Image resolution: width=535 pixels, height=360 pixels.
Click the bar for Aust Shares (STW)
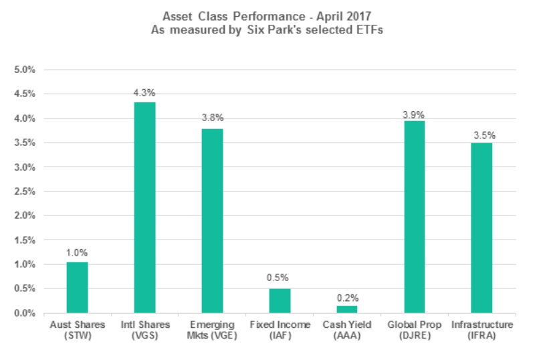click(77, 288)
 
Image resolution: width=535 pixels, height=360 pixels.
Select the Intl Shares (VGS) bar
click(144, 207)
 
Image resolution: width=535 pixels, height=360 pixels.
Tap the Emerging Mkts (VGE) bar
click(212, 221)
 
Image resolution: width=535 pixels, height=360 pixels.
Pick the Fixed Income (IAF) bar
click(280, 300)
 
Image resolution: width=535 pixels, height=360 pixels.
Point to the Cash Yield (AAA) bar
click(346, 309)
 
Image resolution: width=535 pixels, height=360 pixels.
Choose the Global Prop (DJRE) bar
click(414, 217)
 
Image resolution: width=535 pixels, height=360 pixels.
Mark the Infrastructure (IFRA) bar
click(481, 228)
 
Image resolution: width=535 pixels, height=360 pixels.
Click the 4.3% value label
click(144, 93)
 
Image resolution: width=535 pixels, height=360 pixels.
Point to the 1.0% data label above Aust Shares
click(77, 253)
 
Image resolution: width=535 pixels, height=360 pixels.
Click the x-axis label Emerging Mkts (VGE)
click(212, 330)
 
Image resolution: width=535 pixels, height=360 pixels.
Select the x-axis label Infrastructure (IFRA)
click(481, 330)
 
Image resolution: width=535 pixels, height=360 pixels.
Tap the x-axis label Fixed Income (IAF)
click(280, 330)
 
